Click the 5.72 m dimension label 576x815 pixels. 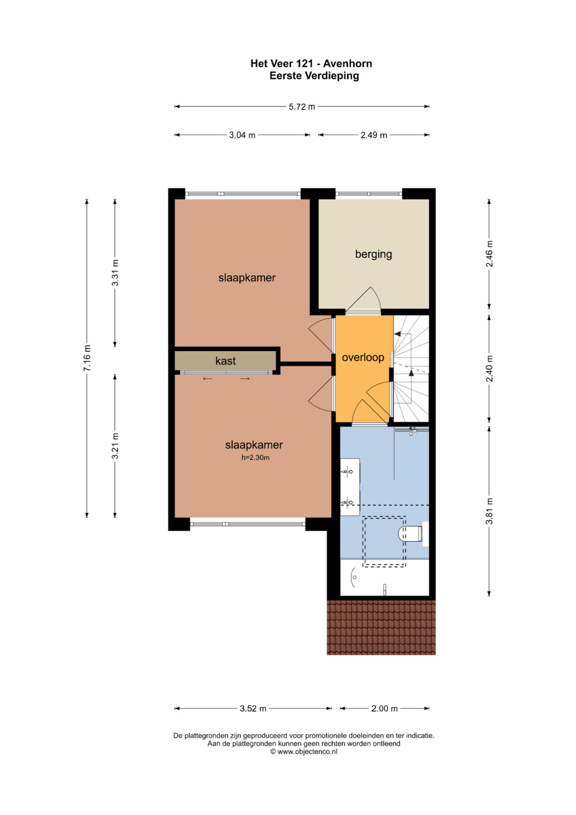pos(302,107)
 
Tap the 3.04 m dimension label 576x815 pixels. pos(242,135)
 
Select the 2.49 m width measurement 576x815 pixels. pos(374,135)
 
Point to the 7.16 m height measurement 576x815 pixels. pos(87,358)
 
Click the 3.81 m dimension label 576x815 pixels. pos(490,511)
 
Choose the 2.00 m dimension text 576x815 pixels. pos(385,708)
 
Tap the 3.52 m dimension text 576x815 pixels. pos(253,708)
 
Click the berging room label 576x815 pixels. pos(373,254)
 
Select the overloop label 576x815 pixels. pos(363,357)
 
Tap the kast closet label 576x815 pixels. pos(226,361)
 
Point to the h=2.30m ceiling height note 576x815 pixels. pos(255,458)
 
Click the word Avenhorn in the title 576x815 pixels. pos(348,64)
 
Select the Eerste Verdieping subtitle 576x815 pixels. pos(314,76)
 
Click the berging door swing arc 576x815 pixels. pos(377,296)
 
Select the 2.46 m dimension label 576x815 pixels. pos(490,254)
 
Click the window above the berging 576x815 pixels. pos(369,194)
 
